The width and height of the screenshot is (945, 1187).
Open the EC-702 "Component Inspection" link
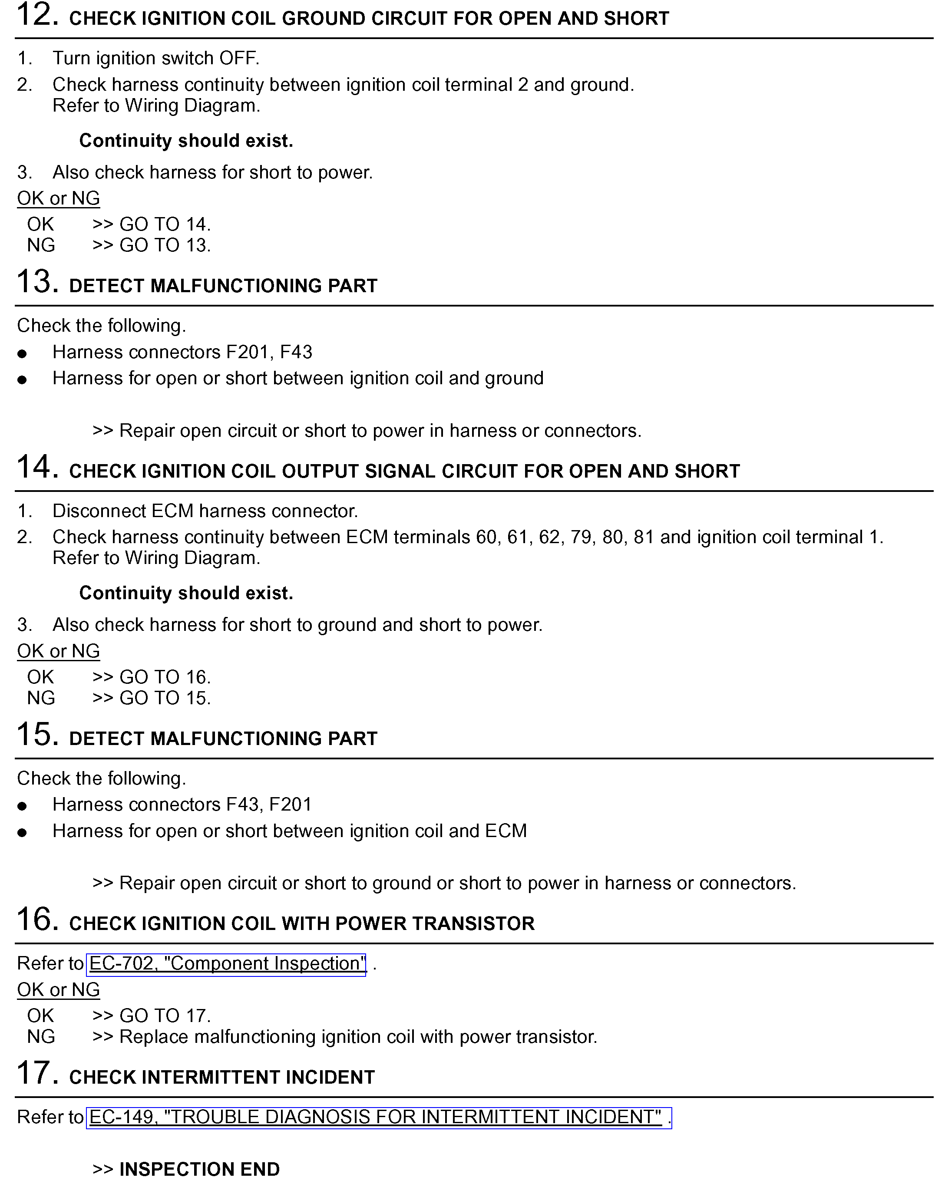[227, 963]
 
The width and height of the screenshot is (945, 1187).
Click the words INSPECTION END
[199, 1169]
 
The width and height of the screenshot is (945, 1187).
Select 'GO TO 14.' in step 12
[165, 224]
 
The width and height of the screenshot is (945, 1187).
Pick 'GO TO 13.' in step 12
[165, 246]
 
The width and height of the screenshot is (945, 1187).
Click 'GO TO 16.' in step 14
[165, 677]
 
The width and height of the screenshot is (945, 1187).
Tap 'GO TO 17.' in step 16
[165, 1016]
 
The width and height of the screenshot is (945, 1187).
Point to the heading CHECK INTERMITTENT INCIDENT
[222, 1078]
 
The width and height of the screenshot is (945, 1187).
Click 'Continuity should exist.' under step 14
[186, 593]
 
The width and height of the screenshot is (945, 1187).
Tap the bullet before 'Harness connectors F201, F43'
[22, 354]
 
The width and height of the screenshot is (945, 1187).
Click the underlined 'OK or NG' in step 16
[58, 990]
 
